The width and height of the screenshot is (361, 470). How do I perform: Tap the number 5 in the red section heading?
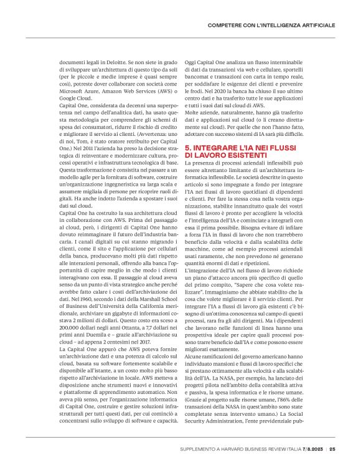[188, 147]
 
